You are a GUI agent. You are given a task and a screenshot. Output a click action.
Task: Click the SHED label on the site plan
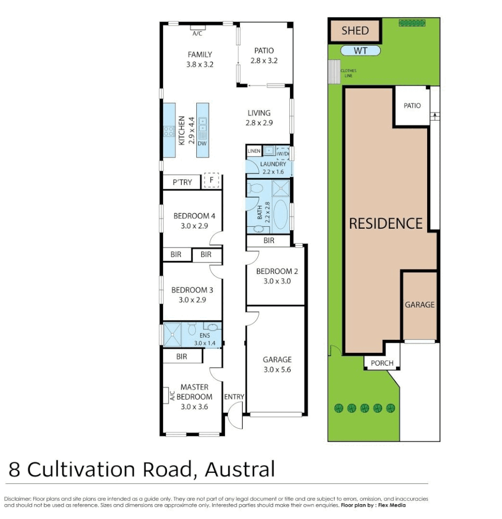tap(355, 31)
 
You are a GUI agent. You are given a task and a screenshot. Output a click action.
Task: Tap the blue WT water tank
tap(361, 51)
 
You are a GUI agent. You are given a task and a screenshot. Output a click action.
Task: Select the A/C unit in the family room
tap(197, 28)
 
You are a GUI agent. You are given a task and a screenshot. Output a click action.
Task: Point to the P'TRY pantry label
tap(182, 182)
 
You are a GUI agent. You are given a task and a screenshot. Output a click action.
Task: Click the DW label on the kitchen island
tap(202, 144)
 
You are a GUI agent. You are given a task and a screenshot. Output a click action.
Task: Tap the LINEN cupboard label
tap(254, 151)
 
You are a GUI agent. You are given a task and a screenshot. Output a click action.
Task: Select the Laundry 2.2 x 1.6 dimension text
tap(273, 171)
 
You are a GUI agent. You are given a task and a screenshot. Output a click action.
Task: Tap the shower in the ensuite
tap(172, 334)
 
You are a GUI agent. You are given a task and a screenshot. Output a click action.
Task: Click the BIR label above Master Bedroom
tap(181, 356)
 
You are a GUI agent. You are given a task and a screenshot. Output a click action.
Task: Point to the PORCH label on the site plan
tap(382, 363)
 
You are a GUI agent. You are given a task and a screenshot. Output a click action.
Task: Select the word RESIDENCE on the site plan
tap(386, 223)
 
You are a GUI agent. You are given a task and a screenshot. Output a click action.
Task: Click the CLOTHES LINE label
tap(348, 73)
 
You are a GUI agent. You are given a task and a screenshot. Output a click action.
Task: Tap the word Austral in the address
tap(239, 469)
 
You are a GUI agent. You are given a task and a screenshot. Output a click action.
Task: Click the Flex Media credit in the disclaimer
tap(391, 505)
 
